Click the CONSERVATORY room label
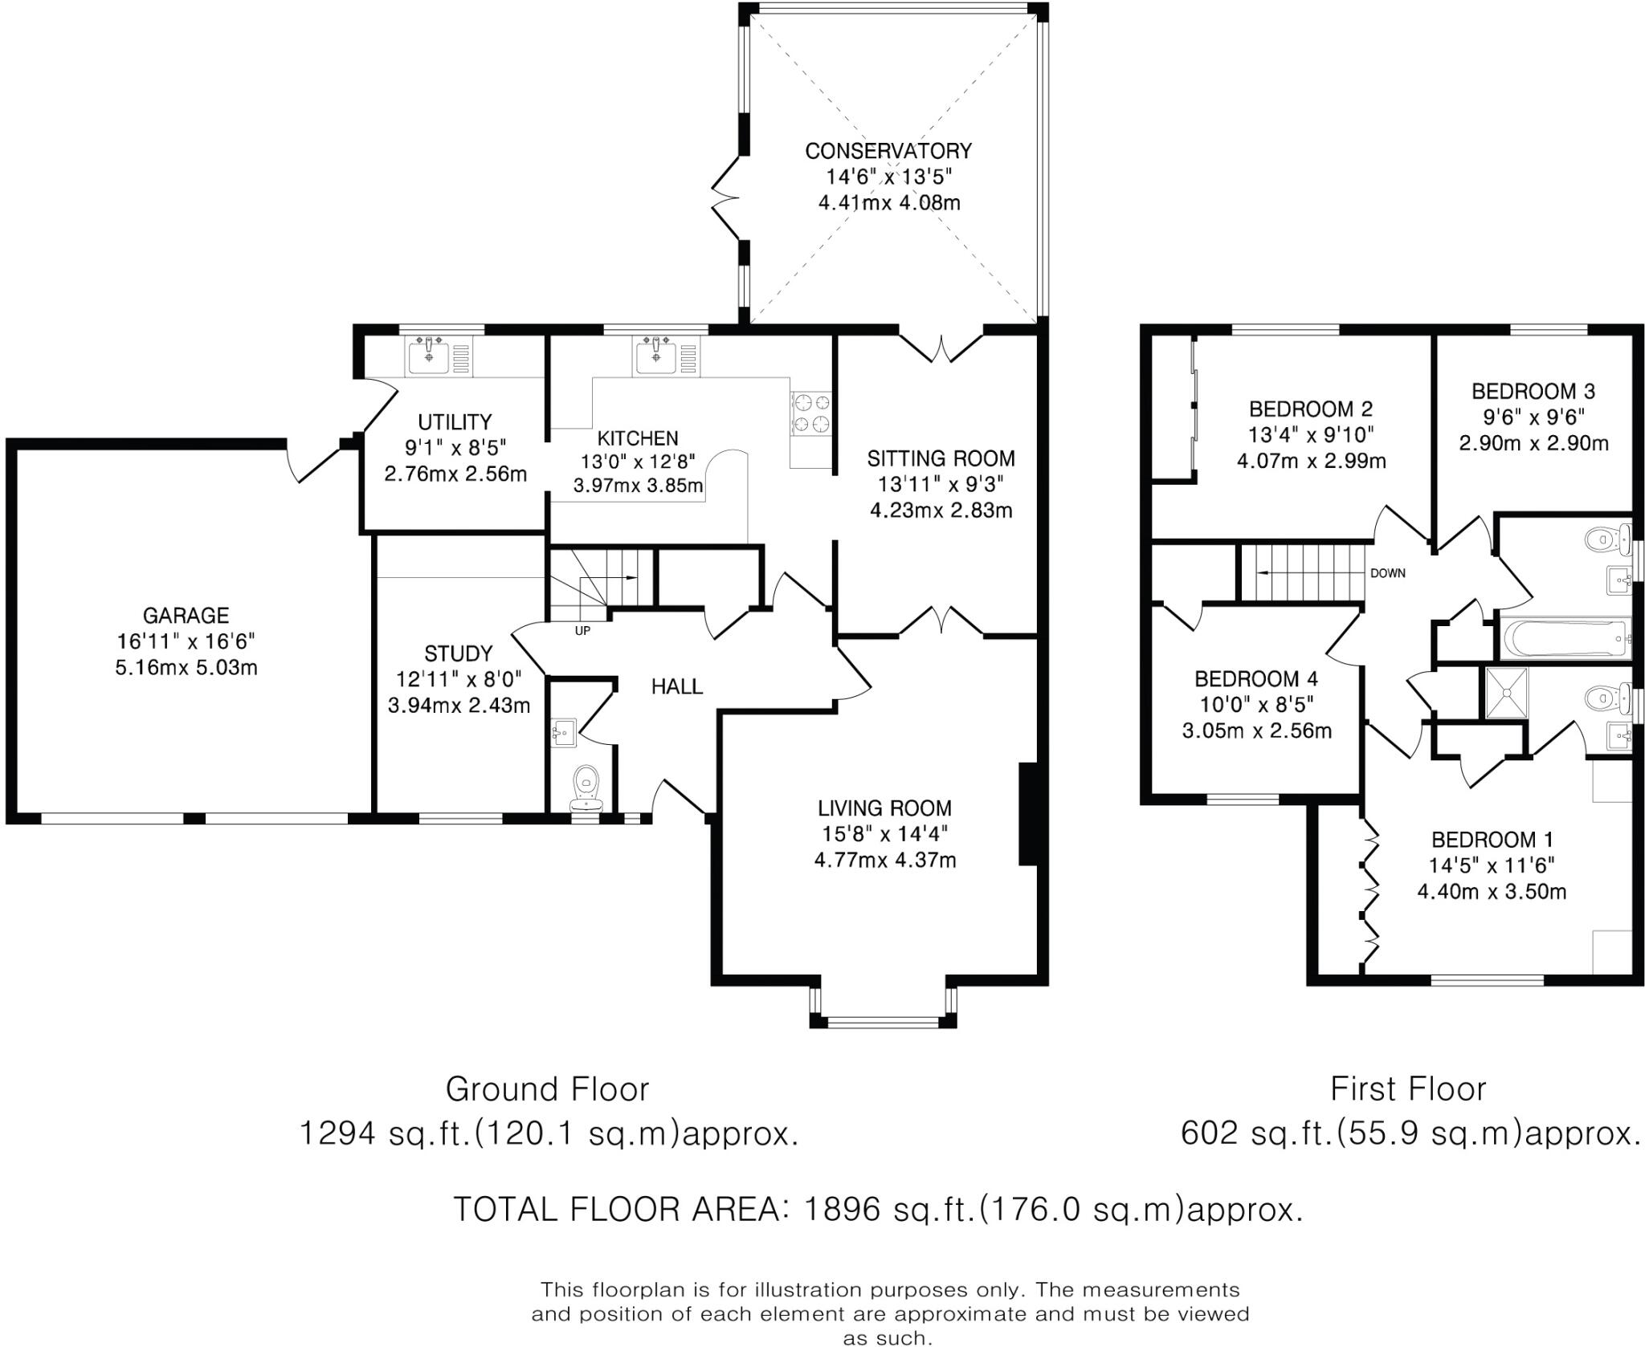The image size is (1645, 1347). coord(888,151)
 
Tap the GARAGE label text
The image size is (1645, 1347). coord(186,616)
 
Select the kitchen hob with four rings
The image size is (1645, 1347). coord(811,413)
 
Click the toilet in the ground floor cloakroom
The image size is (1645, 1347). coord(586,787)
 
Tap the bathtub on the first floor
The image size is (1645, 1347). coord(1564,639)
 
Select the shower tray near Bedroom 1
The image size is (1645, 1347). coord(1507,693)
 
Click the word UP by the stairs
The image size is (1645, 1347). coord(582,631)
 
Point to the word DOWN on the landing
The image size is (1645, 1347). coord(1388,573)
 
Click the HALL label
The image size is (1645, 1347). coord(677,686)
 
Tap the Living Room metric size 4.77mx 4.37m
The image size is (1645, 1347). coord(885,861)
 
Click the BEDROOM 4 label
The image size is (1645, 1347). coord(1256,679)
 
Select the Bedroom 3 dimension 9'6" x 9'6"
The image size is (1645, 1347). coord(1533,417)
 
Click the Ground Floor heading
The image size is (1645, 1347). coord(547,1089)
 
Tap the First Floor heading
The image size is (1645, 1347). coord(1408,1089)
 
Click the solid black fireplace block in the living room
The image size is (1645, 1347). coord(1028,814)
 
